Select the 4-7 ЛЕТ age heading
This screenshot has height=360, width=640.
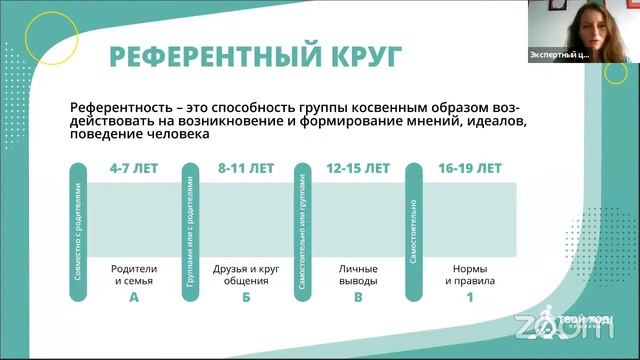point(133,169)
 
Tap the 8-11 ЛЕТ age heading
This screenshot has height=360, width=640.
point(245,169)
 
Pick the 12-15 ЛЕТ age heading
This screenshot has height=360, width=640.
point(358,169)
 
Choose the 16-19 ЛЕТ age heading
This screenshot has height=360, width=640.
point(470,169)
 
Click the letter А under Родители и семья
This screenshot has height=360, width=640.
point(133,296)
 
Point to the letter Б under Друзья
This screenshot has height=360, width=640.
point(245,296)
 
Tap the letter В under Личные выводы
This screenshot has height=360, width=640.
point(358,296)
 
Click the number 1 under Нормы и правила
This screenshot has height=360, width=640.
point(470,296)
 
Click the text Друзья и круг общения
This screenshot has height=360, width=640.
point(245,275)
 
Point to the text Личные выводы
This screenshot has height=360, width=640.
point(358,275)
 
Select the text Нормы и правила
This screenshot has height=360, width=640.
point(470,275)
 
